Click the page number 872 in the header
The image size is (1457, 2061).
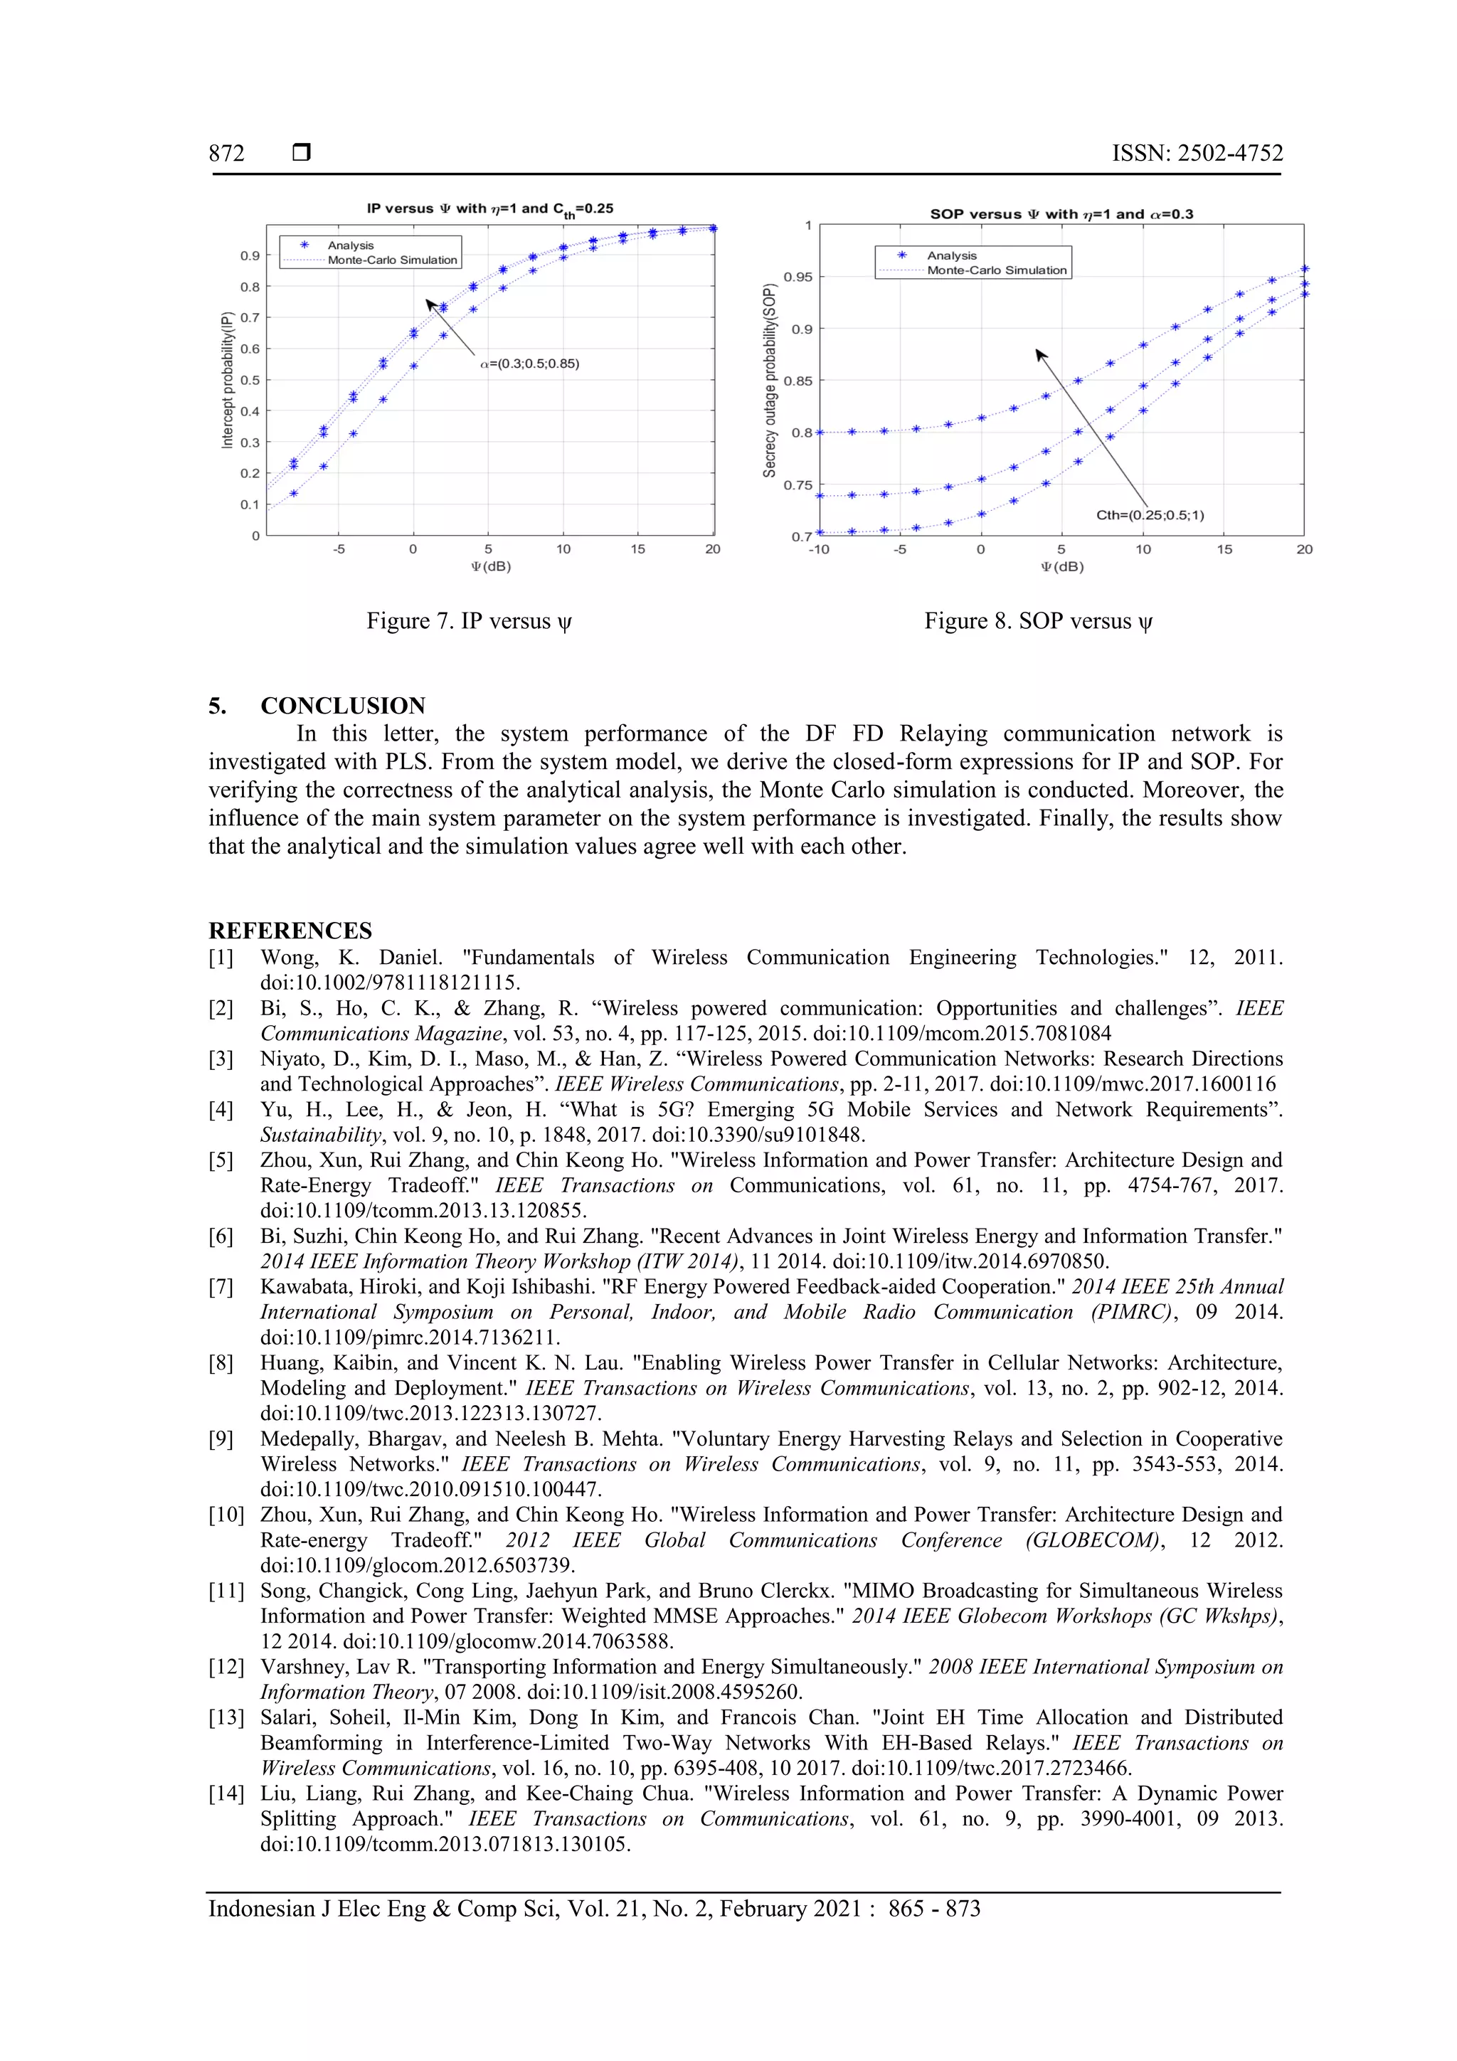point(226,154)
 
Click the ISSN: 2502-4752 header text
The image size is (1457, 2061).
point(1197,154)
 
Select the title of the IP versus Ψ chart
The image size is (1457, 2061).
point(489,209)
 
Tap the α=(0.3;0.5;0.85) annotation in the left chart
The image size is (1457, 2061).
point(529,364)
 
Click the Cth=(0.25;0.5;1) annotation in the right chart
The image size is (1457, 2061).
point(1149,515)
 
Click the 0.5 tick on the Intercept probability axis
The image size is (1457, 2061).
point(250,381)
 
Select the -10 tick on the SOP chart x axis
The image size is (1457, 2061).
point(818,549)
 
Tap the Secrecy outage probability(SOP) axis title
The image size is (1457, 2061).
point(769,381)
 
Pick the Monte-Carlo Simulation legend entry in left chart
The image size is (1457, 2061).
point(391,260)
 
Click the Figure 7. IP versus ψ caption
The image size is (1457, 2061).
point(469,621)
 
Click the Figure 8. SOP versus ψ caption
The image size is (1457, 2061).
point(1039,621)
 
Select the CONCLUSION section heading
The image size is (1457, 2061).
point(342,706)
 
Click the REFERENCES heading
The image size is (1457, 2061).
point(290,930)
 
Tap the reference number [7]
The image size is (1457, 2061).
point(221,1286)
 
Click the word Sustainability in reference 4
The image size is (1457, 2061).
point(320,1135)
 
